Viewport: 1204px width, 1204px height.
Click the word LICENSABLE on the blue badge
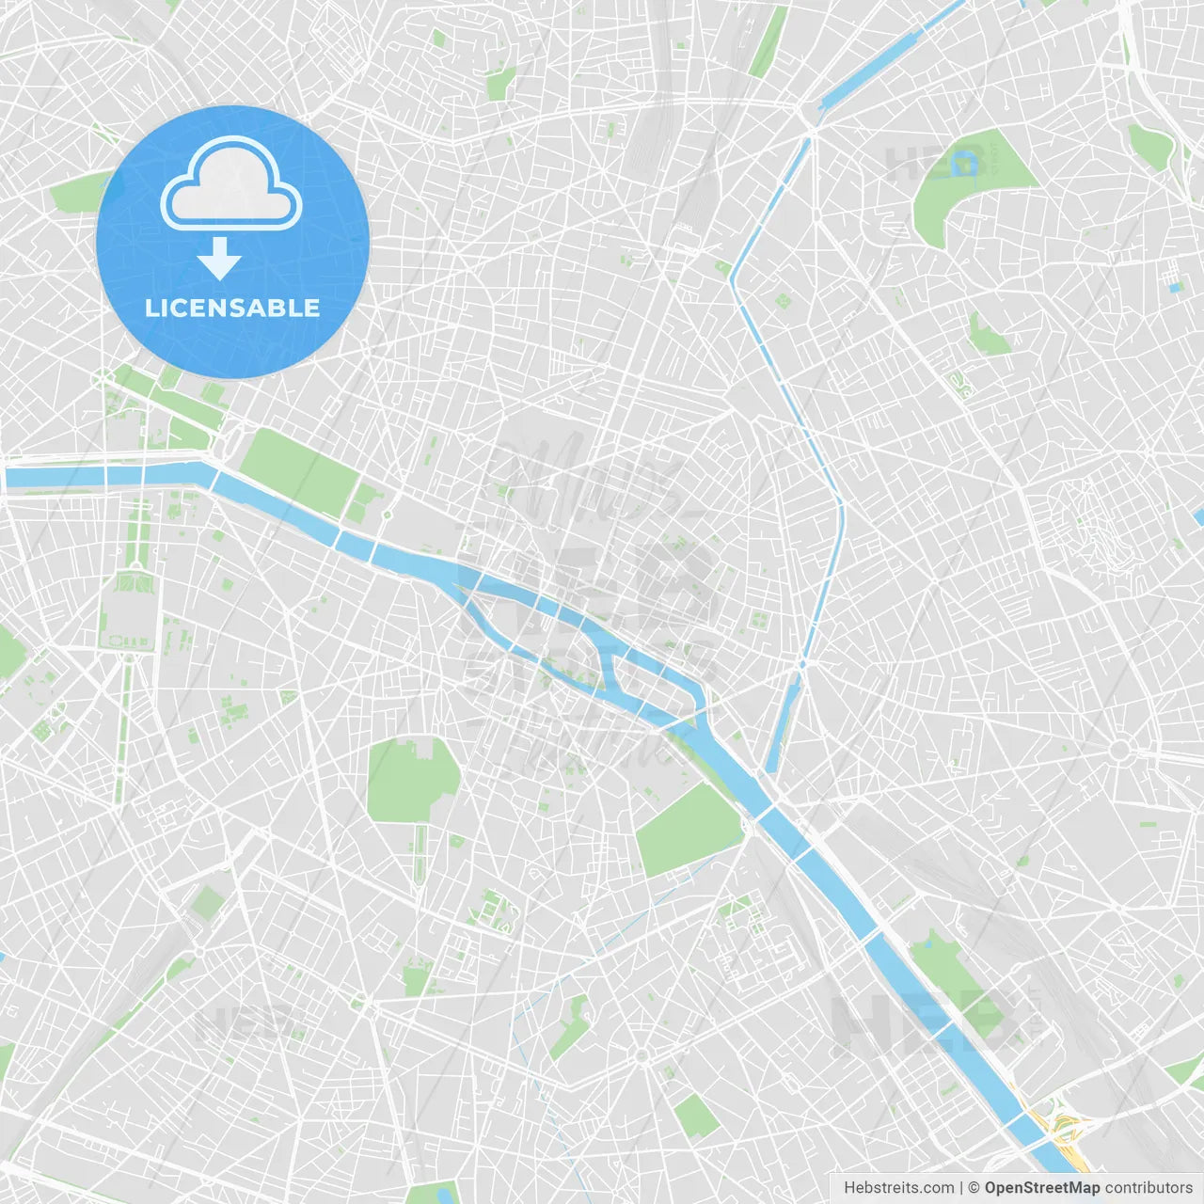click(232, 308)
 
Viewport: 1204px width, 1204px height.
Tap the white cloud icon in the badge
click(231, 183)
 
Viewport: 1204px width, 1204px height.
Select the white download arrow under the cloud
click(220, 259)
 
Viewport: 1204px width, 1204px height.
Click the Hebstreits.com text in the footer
click(898, 1188)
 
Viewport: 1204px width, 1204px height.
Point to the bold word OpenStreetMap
click(1041, 1188)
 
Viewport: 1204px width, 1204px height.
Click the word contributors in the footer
click(1149, 1188)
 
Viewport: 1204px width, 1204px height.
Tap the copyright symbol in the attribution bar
click(974, 1188)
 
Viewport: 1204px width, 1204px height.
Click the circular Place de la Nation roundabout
click(1118, 750)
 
